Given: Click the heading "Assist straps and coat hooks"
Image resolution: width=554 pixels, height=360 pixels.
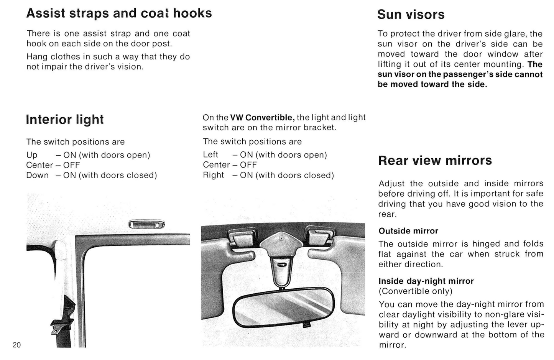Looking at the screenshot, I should click(x=119, y=13).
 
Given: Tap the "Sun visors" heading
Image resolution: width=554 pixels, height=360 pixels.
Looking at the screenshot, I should click(x=411, y=15).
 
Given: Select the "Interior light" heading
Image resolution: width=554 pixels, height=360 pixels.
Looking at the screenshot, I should click(x=64, y=120).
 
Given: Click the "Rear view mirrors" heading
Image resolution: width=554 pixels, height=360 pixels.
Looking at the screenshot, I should click(x=435, y=161).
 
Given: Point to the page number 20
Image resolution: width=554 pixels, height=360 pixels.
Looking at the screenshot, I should click(x=17, y=345).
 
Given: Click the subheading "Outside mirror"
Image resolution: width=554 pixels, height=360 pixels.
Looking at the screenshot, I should click(x=408, y=231).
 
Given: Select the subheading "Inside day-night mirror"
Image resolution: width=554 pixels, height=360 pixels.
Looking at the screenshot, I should click(x=426, y=281).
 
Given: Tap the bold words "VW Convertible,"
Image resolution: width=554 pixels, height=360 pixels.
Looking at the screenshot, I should click(x=262, y=117).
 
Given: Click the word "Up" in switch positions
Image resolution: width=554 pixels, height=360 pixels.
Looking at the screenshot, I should click(x=32, y=155).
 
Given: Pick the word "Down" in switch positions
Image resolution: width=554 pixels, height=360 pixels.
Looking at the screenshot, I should click(x=38, y=175).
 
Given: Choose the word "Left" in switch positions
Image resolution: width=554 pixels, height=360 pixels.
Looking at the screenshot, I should click(x=210, y=155).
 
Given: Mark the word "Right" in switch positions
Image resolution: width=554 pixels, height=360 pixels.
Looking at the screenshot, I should click(x=213, y=175).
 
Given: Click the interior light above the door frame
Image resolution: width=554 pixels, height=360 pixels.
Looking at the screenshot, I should click(x=147, y=224).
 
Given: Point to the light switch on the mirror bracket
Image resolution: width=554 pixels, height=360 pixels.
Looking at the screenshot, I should click(x=281, y=264).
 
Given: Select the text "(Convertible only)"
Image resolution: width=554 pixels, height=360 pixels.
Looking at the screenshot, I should click(x=415, y=291).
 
